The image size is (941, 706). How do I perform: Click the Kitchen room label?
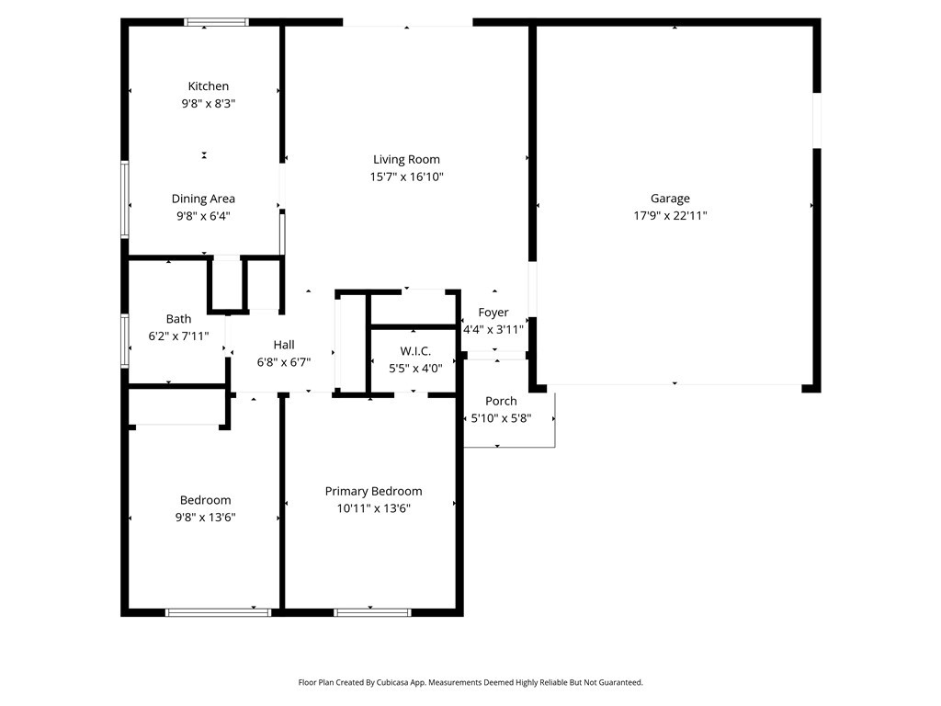(209, 86)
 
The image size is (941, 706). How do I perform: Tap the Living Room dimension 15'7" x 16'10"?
(406, 176)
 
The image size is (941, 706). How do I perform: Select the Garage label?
(670, 199)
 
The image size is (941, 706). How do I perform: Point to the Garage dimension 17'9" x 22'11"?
(670, 216)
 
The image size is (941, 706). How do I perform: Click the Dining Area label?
(203, 199)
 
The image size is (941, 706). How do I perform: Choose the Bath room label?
(179, 319)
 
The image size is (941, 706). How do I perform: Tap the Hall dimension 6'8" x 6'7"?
(284, 362)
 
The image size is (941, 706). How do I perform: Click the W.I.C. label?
(415, 351)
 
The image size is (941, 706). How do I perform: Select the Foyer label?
(493, 313)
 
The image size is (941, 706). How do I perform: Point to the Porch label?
(501, 401)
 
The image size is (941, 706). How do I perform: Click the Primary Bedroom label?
(373, 491)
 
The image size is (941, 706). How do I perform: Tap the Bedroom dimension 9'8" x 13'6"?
(206, 517)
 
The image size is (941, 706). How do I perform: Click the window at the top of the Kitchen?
(217, 22)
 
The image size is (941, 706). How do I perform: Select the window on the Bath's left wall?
(125, 340)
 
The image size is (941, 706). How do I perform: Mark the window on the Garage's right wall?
(816, 120)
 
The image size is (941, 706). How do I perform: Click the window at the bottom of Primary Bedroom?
(372, 611)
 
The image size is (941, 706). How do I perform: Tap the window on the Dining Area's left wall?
(125, 199)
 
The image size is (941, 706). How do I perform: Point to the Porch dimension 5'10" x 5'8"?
(501, 418)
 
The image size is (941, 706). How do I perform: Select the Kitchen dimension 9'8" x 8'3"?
(209, 104)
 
